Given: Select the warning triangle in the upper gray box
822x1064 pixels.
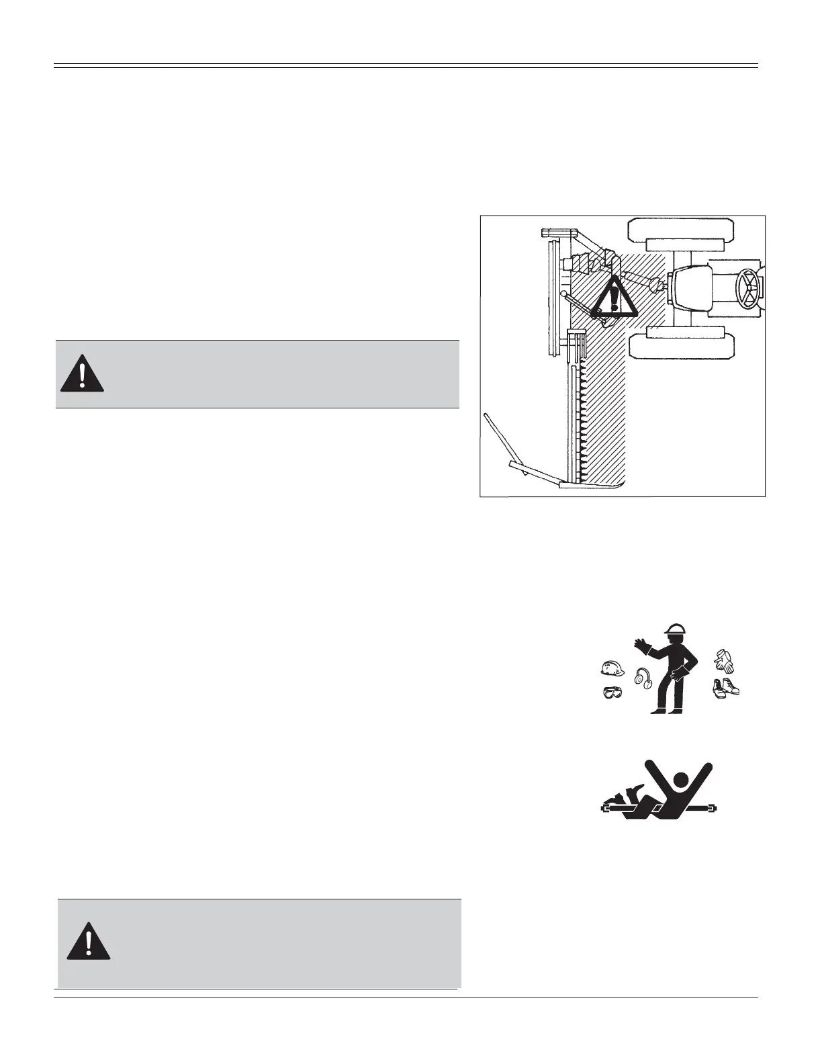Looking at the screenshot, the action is click(82, 373).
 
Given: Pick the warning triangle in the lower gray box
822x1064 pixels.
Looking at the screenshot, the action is click(88, 941).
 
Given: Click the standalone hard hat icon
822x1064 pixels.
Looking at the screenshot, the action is click(612, 668).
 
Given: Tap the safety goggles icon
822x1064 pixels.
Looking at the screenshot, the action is click(612, 693).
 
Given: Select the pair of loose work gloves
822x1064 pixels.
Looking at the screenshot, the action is click(724, 660).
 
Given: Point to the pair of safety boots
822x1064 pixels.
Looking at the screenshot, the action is click(726, 689).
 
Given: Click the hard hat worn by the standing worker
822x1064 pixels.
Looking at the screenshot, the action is click(675, 629).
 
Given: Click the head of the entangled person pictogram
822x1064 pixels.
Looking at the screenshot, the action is click(681, 780).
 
